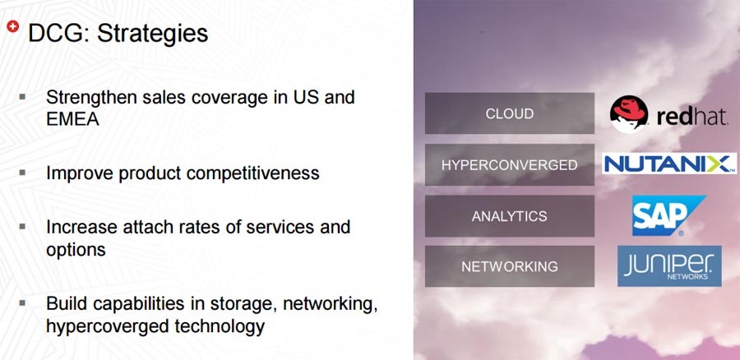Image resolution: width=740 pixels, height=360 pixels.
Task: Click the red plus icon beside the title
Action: pos(12,26)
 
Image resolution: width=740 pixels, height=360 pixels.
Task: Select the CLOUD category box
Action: pos(509,113)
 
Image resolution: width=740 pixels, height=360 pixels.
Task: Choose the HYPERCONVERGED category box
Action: pos(509,164)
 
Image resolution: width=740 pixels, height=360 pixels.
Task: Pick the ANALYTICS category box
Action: pos(509,216)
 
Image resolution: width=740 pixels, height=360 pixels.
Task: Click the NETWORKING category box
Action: pos(509,266)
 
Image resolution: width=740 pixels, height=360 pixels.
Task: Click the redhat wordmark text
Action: pos(691,116)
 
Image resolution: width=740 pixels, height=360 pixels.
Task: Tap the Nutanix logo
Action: pos(669,164)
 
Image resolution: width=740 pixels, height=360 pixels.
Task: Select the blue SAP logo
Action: pos(668,215)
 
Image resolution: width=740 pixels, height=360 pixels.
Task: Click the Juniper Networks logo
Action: pos(669,265)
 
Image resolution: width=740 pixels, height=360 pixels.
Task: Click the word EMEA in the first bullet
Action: pos(72,119)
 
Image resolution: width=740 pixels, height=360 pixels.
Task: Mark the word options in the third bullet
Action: pos(76,250)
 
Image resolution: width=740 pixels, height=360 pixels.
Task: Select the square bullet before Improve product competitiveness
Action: pos(22,173)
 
